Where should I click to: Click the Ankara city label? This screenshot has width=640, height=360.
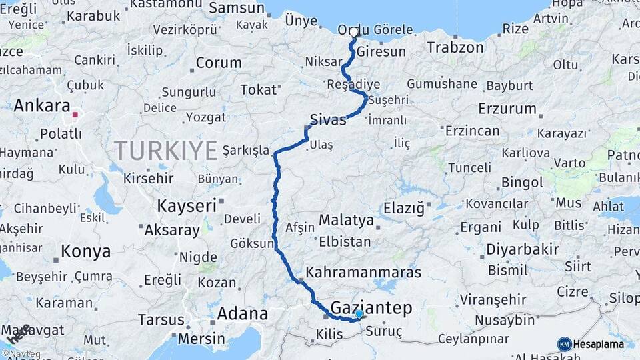pos(41,105)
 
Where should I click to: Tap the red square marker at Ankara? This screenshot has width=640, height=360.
pos(75,115)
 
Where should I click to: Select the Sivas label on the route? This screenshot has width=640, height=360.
pos(328,120)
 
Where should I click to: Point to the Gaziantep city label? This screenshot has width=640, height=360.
pos(371,307)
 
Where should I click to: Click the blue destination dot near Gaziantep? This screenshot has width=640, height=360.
pos(359,313)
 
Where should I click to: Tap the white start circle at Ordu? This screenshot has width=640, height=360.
pos(354,32)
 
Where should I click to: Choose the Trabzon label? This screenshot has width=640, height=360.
pos(455,47)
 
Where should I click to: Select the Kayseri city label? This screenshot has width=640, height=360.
pos(187,206)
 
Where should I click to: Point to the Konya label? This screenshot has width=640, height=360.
pos(85,251)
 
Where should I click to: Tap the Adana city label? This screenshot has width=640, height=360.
pos(243,313)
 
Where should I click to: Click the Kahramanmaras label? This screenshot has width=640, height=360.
pos(363,273)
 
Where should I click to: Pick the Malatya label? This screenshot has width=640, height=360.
pos(346,220)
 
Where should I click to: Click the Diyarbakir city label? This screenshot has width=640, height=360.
pos(522,249)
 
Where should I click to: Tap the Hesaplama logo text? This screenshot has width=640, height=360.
pos(598,344)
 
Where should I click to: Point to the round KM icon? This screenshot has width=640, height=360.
pos(564,344)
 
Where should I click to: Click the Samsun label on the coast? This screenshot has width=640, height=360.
pos(237,8)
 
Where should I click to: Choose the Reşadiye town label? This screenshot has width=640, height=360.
pos(353,85)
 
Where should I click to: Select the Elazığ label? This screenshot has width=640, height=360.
pos(403,209)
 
